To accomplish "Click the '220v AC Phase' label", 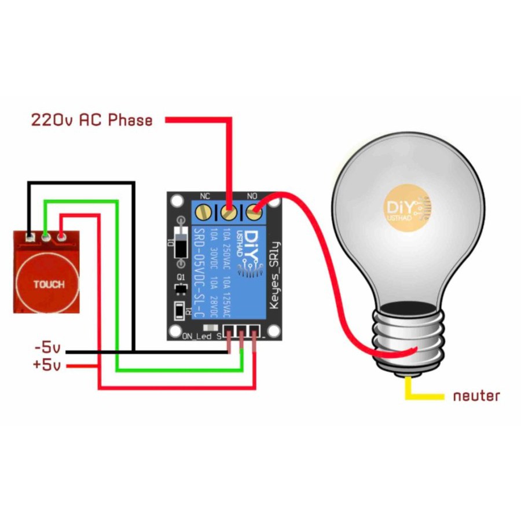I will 91,120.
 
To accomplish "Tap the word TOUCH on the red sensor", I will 49,284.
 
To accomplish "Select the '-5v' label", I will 47,349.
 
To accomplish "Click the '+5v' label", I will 47,365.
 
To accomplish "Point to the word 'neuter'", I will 476,396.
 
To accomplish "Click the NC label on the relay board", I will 204,196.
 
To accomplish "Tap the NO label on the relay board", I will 252,196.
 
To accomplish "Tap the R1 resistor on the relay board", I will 181,310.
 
